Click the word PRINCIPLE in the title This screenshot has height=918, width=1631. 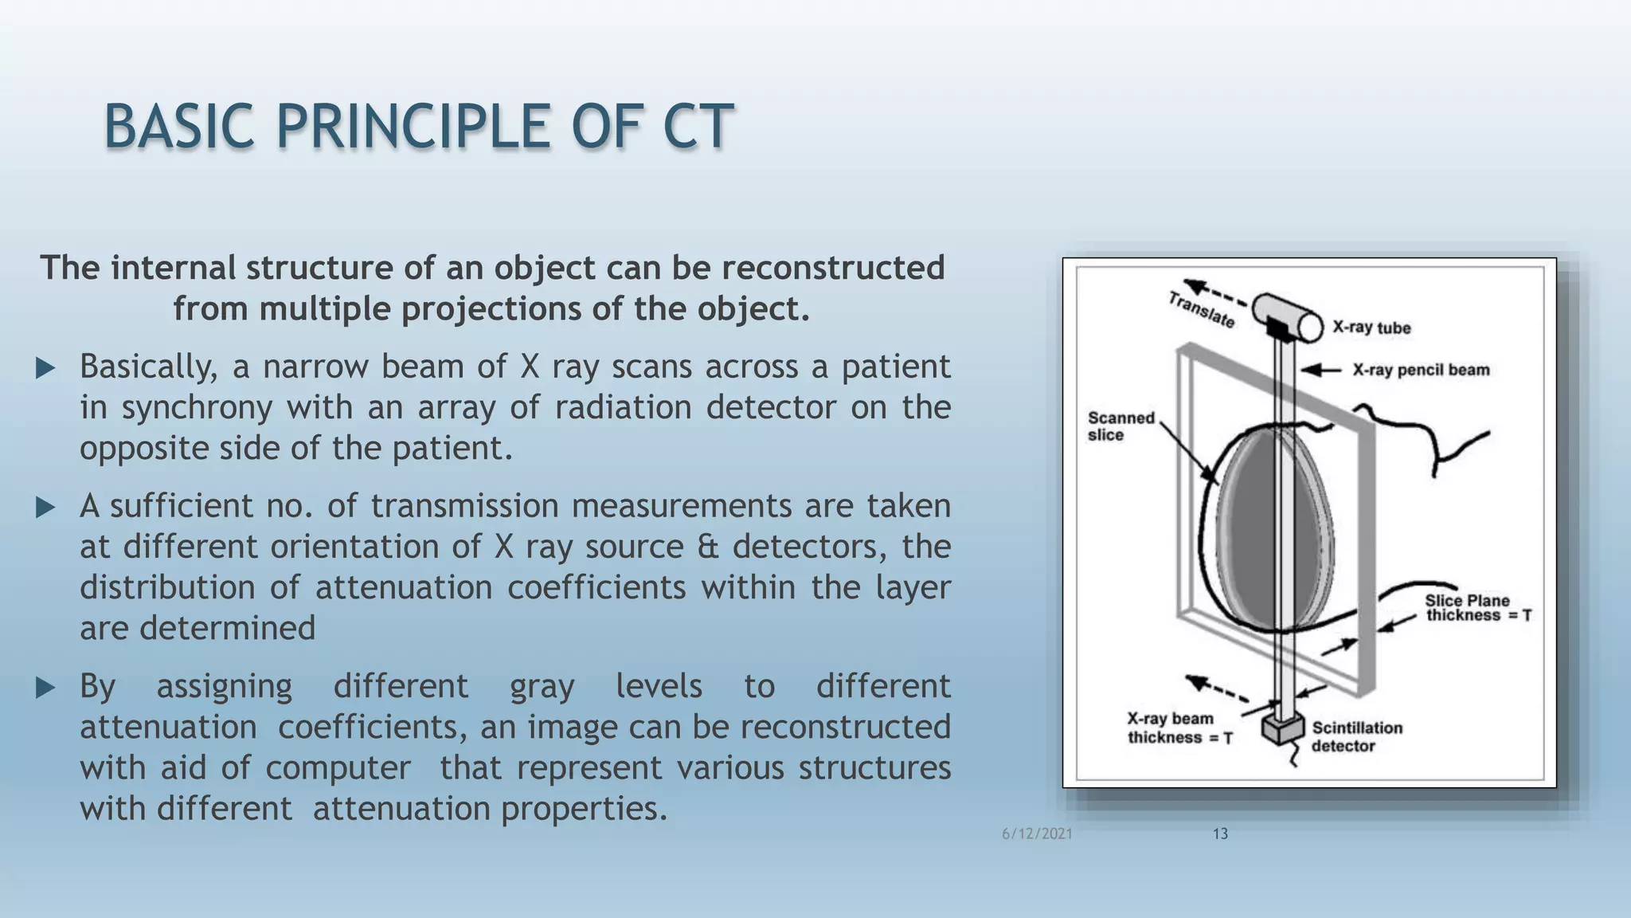(413, 127)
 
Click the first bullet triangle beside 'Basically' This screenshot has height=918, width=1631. (45, 368)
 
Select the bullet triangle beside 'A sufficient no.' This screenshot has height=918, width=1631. (45, 508)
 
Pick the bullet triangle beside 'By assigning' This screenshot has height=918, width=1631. (45, 688)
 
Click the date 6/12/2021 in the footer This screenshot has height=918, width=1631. (1037, 834)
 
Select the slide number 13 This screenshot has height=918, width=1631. (1220, 834)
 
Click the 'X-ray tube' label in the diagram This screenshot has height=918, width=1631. (1371, 328)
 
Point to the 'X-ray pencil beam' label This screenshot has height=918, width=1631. (1421, 370)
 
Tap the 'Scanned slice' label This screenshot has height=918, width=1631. (1120, 426)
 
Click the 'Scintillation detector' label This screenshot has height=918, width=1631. (1356, 736)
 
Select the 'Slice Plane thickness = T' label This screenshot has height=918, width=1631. (1477, 608)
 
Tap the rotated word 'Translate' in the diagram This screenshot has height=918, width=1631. (1201, 310)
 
